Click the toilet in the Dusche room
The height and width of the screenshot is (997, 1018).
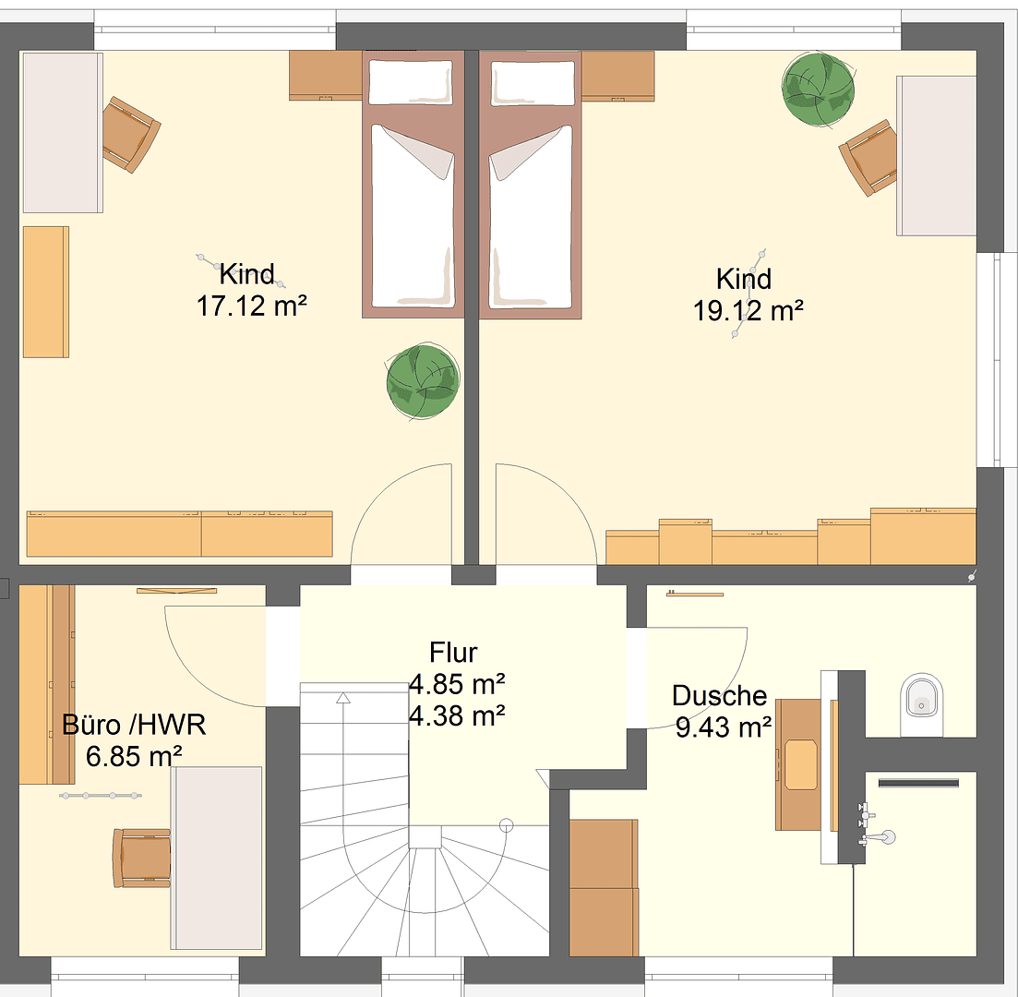pyautogui.click(x=924, y=697)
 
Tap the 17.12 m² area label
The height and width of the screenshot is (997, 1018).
pyautogui.click(x=251, y=306)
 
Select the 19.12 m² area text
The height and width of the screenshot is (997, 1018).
pyautogui.click(x=748, y=311)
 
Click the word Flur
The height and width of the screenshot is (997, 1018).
pyautogui.click(x=453, y=653)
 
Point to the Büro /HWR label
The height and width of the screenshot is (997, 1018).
pyautogui.click(x=134, y=725)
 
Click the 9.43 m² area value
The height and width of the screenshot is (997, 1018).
pyautogui.click(x=724, y=727)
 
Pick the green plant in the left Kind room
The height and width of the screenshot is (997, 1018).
pyautogui.click(x=422, y=380)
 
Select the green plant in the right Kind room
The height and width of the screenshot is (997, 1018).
pyautogui.click(x=818, y=88)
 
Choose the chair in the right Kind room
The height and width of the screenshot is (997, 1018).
pyautogui.click(x=868, y=156)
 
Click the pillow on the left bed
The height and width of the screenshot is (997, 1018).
pyautogui.click(x=411, y=82)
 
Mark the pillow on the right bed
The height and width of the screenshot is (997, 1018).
pyautogui.click(x=531, y=82)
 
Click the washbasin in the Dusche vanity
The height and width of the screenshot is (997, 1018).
pyautogui.click(x=801, y=764)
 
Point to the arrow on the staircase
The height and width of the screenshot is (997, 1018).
pyautogui.click(x=344, y=698)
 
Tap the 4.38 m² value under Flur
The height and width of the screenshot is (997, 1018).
pyautogui.click(x=456, y=715)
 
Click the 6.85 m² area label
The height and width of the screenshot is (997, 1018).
pyautogui.click(x=134, y=756)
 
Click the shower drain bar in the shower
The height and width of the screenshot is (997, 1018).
pyautogui.click(x=919, y=783)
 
